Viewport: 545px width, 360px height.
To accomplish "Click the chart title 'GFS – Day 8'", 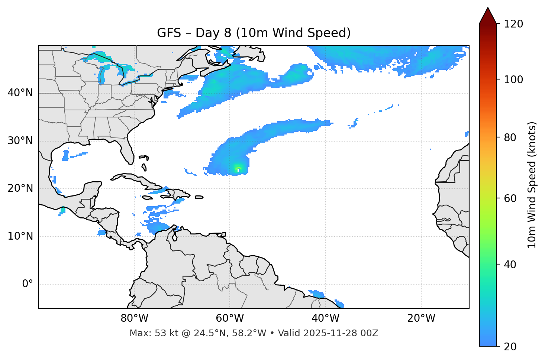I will pos(254,33).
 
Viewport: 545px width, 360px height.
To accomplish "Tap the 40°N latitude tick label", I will pos(20,93).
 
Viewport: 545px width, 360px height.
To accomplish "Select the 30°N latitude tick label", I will pos(20,141).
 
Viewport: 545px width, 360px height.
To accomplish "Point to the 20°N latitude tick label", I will pos(20,188).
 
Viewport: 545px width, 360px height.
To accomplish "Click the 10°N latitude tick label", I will pos(20,236).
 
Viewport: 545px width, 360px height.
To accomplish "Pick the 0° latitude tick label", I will pos(28,284).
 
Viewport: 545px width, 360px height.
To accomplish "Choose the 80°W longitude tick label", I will pos(134,318).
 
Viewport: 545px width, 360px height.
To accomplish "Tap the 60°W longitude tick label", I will pos(230,318).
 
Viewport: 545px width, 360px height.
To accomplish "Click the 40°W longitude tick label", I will pos(325,318).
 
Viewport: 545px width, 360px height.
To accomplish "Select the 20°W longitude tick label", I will pos(421,318).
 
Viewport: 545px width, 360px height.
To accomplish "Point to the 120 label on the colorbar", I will pos(513,24).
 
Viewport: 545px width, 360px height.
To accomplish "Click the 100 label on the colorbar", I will pos(513,80).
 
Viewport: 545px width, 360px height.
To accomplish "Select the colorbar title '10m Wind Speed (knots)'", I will pos(532,185).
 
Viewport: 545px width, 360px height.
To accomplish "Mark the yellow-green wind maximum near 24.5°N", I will pos(238,168).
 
